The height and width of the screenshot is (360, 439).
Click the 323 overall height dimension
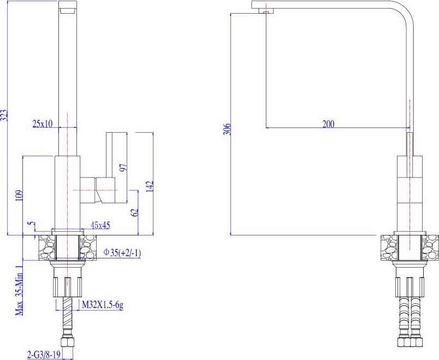tap(4, 115)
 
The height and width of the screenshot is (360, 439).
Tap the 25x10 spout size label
tap(43, 123)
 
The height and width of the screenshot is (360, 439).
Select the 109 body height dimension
tap(19, 196)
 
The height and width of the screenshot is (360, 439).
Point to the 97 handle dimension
tap(123, 168)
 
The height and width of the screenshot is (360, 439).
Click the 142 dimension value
tap(150, 186)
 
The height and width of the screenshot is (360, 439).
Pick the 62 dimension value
tap(135, 212)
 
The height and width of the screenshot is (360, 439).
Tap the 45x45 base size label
tap(100, 225)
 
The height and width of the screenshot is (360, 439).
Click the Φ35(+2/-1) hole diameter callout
tap(122, 253)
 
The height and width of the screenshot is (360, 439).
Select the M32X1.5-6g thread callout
tap(103, 305)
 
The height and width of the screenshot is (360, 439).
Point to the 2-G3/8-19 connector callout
tap(44, 355)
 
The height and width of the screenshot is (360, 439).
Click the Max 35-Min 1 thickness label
tap(19, 290)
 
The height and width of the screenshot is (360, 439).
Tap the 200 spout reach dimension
tap(328, 124)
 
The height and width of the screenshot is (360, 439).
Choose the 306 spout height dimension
tap(227, 129)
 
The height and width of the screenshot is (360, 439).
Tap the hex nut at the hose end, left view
tap(67, 341)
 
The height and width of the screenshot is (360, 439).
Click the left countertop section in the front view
tap(47, 247)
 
